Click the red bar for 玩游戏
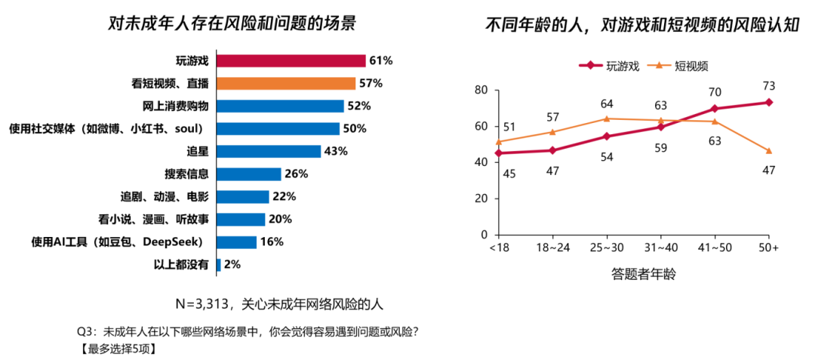click(291, 60)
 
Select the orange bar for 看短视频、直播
click(285, 83)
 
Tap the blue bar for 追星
click(268, 151)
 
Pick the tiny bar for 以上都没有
click(219, 264)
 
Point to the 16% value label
click(272, 242)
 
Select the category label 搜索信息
click(186, 174)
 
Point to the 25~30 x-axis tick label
click(607, 248)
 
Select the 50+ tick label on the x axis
click(768, 248)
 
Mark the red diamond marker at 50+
click(768, 102)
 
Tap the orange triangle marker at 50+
click(768, 151)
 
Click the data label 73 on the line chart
click(769, 85)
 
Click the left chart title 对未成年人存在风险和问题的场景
click(232, 23)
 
